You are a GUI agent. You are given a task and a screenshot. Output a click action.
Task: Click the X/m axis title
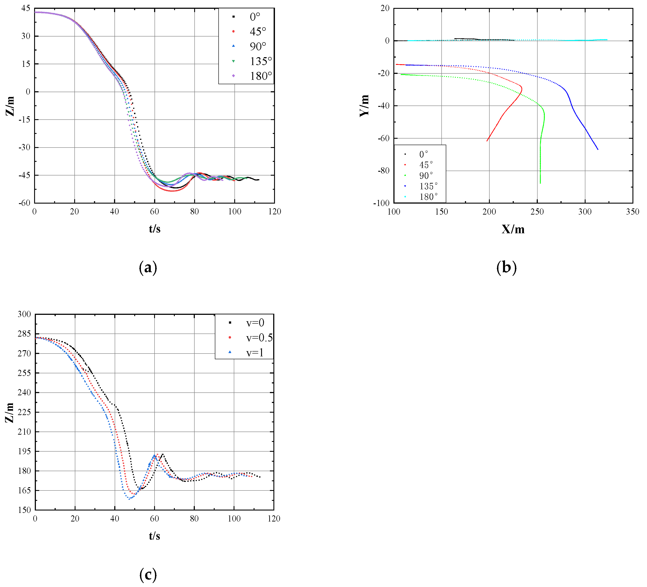[513, 229]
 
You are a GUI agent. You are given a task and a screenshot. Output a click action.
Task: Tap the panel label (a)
[148, 267]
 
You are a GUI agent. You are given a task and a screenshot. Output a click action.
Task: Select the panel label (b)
[506, 267]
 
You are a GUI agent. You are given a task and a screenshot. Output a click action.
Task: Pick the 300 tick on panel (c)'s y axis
[24, 314]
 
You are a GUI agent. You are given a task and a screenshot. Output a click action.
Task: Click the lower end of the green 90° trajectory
[540, 183]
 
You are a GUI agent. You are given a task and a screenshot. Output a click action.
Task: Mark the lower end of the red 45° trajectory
[487, 141]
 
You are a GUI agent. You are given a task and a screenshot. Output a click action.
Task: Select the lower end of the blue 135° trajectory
[597, 149]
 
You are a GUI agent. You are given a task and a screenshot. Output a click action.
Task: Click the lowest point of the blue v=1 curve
[129, 499]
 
